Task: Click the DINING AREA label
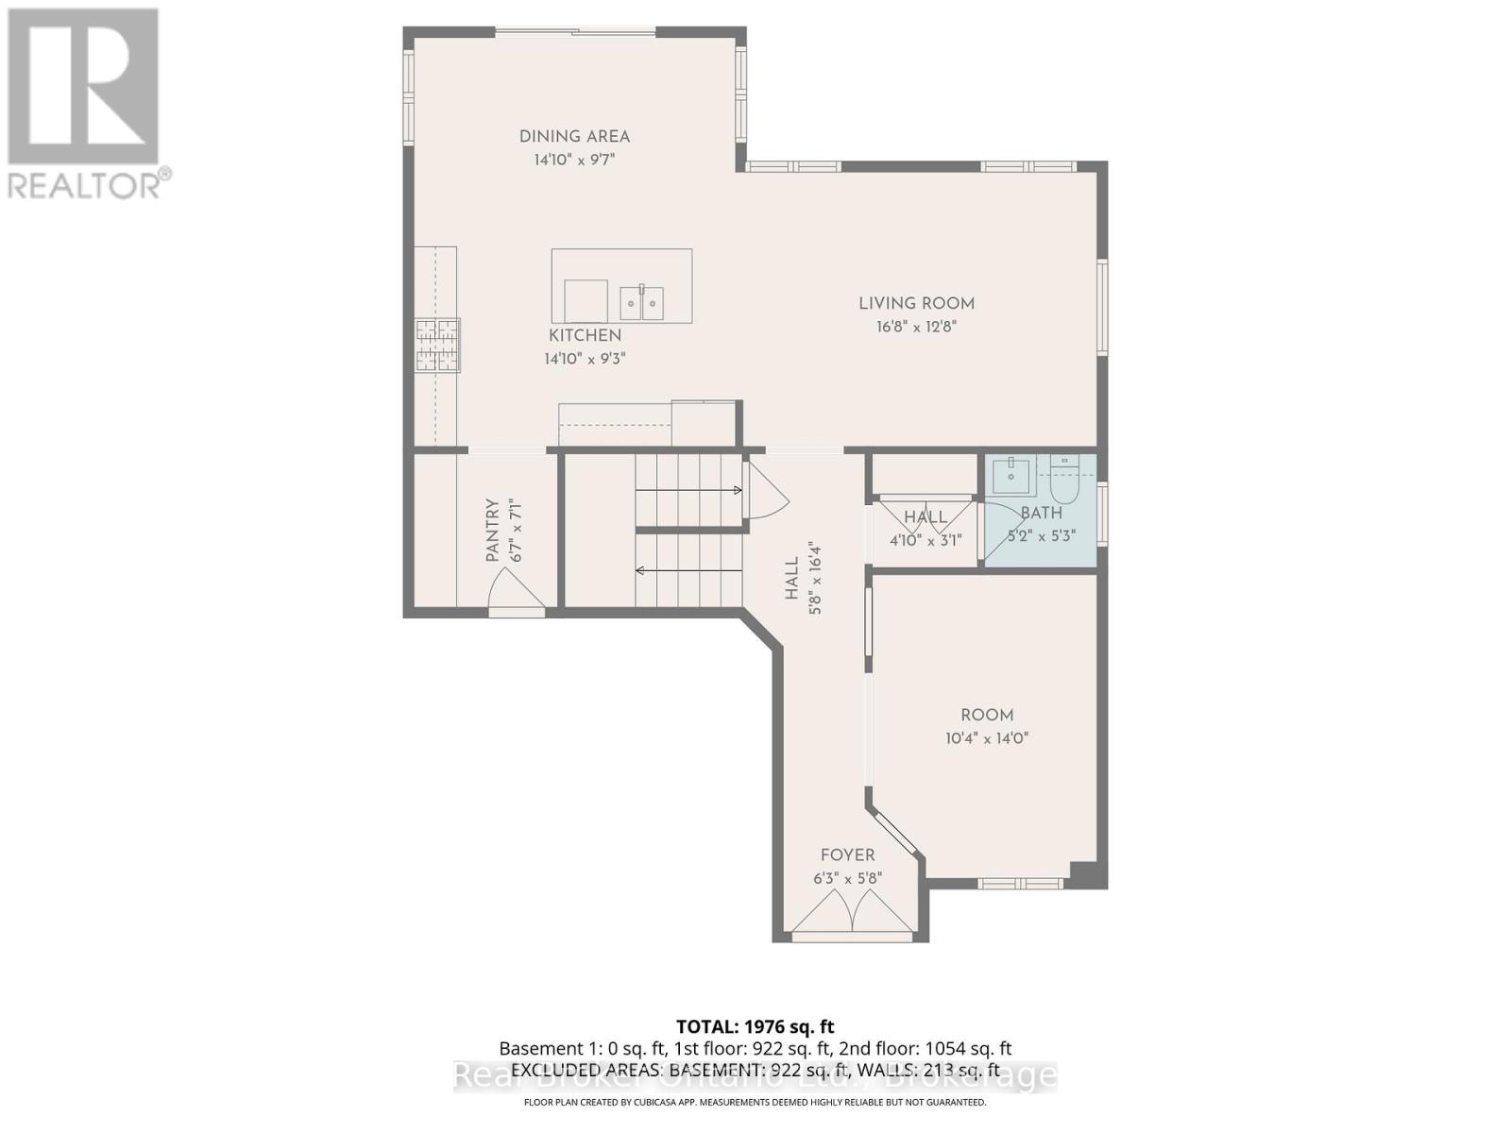[x=574, y=137]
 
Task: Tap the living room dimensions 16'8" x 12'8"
[x=916, y=327]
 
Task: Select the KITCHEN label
[x=586, y=335]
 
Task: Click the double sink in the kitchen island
[x=641, y=302]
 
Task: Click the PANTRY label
[x=492, y=531]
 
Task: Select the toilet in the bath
[x=1064, y=482]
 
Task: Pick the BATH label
[x=1042, y=513]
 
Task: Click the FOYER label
[x=847, y=855]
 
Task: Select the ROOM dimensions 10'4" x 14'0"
[x=987, y=738]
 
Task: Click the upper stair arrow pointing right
[x=689, y=490]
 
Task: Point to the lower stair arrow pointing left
[x=689, y=570]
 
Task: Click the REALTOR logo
[x=85, y=104]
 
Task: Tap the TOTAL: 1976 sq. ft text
[x=755, y=1026]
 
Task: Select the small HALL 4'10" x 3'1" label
[x=925, y=517]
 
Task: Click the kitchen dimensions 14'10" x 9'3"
[x=586, y=359]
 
